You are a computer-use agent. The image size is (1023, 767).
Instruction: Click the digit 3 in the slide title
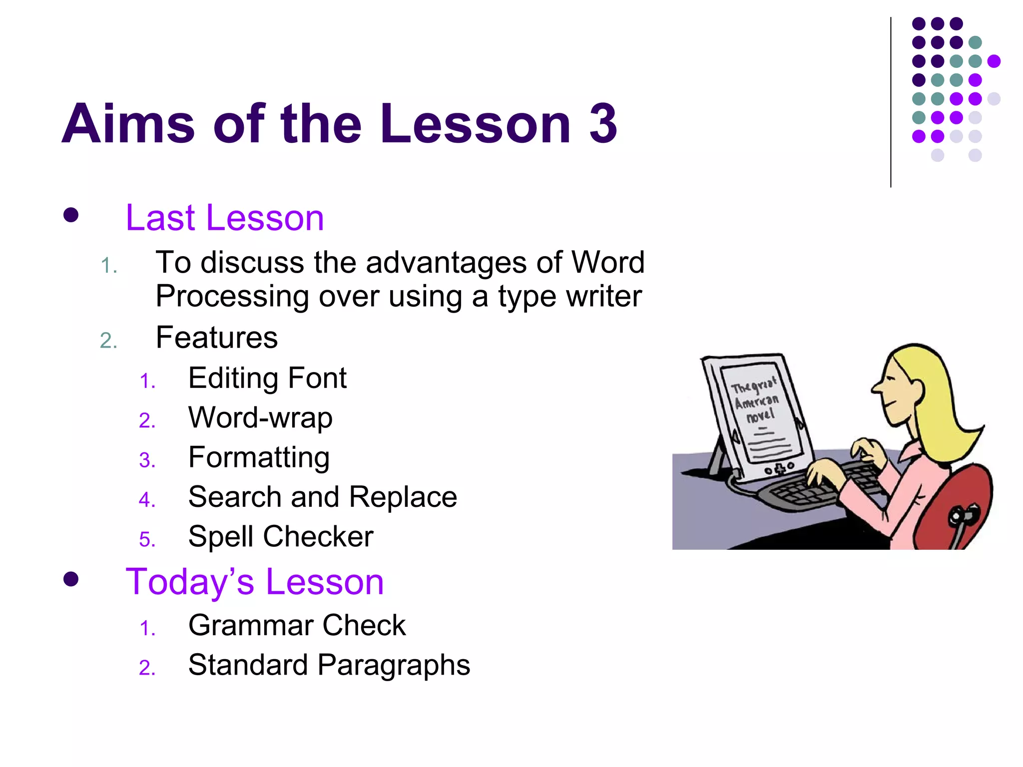[x=603, y=123]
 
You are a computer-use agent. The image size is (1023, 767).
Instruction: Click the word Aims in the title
[x=128, y=123]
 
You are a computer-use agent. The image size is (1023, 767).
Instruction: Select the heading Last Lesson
[x=225, y=218]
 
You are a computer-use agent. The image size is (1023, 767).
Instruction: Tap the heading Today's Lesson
[x=254, y=582]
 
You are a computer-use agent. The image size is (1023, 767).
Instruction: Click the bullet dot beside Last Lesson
[x=71, y=215]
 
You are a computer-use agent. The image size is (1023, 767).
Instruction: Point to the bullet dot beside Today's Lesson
[x=71, y=579]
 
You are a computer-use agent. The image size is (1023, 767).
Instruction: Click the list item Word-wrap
[x=260, y=417]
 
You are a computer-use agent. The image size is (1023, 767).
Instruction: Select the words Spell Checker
[x=281, y=536]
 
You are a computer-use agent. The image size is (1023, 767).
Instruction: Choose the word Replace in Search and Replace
[x=403, y=497]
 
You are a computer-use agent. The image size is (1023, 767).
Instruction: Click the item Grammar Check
[x=297, y=625]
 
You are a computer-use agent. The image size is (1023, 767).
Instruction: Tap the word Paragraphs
[x=394, y=665]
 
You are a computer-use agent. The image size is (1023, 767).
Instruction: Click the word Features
[x=216, y=338]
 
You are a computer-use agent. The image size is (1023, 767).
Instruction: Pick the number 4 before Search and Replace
[x=147, y=499]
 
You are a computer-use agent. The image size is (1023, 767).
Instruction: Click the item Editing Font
[x=267, y=378]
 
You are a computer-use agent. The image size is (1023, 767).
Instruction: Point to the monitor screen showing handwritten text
[x=759, y=414]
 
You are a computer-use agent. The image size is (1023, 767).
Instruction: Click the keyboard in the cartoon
[x=809, y=487]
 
